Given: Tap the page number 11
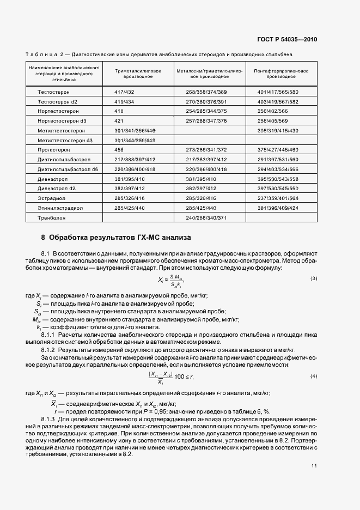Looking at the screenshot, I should pyautogui.click(x=314, y=465).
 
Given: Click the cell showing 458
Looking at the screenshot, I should pyautogui.click(x=119, y=149).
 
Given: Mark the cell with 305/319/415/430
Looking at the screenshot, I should pyautogui.click(x=278, y=130).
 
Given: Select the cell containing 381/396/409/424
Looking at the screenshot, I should pyautogui.click(x=278, y=208).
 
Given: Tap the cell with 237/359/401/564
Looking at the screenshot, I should pyautogui.click(x=278, y=198).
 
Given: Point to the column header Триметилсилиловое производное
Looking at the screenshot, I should pyautogui.click(x=138, y=74).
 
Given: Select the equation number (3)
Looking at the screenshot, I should pyautogui.click(x=313, y=278).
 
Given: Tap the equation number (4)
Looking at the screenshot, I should pyautogui.click(x=313, y=377).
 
